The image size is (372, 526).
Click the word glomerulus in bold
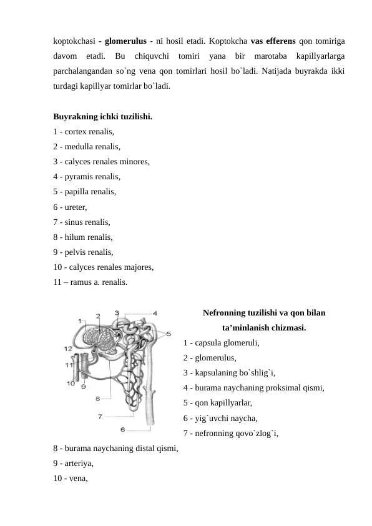[125, 41]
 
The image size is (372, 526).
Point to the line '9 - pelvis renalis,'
[84, 252]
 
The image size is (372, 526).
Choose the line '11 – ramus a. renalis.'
[91, 282]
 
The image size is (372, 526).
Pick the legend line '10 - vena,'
[71, 479]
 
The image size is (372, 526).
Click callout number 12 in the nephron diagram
[67, 348]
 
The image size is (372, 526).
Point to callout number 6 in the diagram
[123, 429]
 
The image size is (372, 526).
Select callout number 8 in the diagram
[98, 397]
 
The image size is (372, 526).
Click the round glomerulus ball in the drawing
[99, 341]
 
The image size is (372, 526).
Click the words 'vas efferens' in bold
[273, 41]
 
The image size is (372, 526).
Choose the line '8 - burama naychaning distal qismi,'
[116, 449]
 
